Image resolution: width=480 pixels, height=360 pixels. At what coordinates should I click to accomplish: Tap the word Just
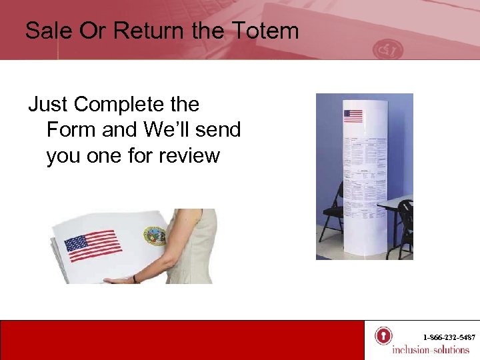coord(48,105)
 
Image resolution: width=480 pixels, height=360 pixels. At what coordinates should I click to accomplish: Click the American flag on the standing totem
coord(353,116)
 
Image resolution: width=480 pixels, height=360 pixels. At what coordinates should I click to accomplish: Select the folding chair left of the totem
coord(331,213)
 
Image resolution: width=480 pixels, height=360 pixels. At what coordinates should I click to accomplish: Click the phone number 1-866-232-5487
coord(449,338)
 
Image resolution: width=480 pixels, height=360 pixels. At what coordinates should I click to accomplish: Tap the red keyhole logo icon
coord(383,335)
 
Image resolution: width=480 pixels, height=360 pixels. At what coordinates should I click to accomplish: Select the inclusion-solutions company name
coord(431,350)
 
